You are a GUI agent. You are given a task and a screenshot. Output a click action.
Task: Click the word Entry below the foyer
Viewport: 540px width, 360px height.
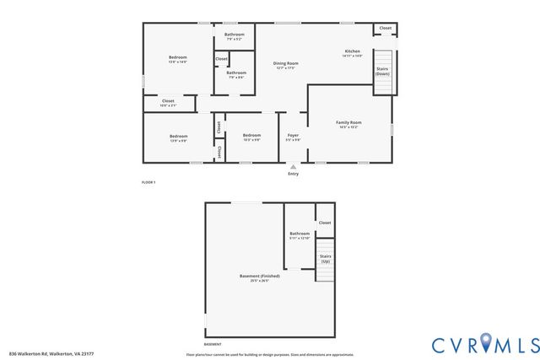tap(293, 174)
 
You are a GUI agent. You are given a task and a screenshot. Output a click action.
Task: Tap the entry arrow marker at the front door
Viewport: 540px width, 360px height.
tap(293, 166)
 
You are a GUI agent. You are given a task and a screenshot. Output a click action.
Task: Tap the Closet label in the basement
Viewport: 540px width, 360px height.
tap(325, 223)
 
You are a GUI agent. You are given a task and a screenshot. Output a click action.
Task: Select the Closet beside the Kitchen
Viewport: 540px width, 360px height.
tap(385, 29)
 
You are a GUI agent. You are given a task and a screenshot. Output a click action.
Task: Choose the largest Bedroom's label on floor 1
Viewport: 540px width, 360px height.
tap(178, 59)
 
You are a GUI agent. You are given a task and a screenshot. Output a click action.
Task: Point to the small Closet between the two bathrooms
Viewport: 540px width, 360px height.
tap(221, 59)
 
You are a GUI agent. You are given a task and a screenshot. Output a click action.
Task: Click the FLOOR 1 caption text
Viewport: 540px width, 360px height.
tap(148, 182)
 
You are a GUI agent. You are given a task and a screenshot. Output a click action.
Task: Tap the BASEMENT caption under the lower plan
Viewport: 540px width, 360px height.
tap(213, 344)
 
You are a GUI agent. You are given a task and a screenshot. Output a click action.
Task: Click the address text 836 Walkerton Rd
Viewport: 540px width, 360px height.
tap(50, 352)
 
